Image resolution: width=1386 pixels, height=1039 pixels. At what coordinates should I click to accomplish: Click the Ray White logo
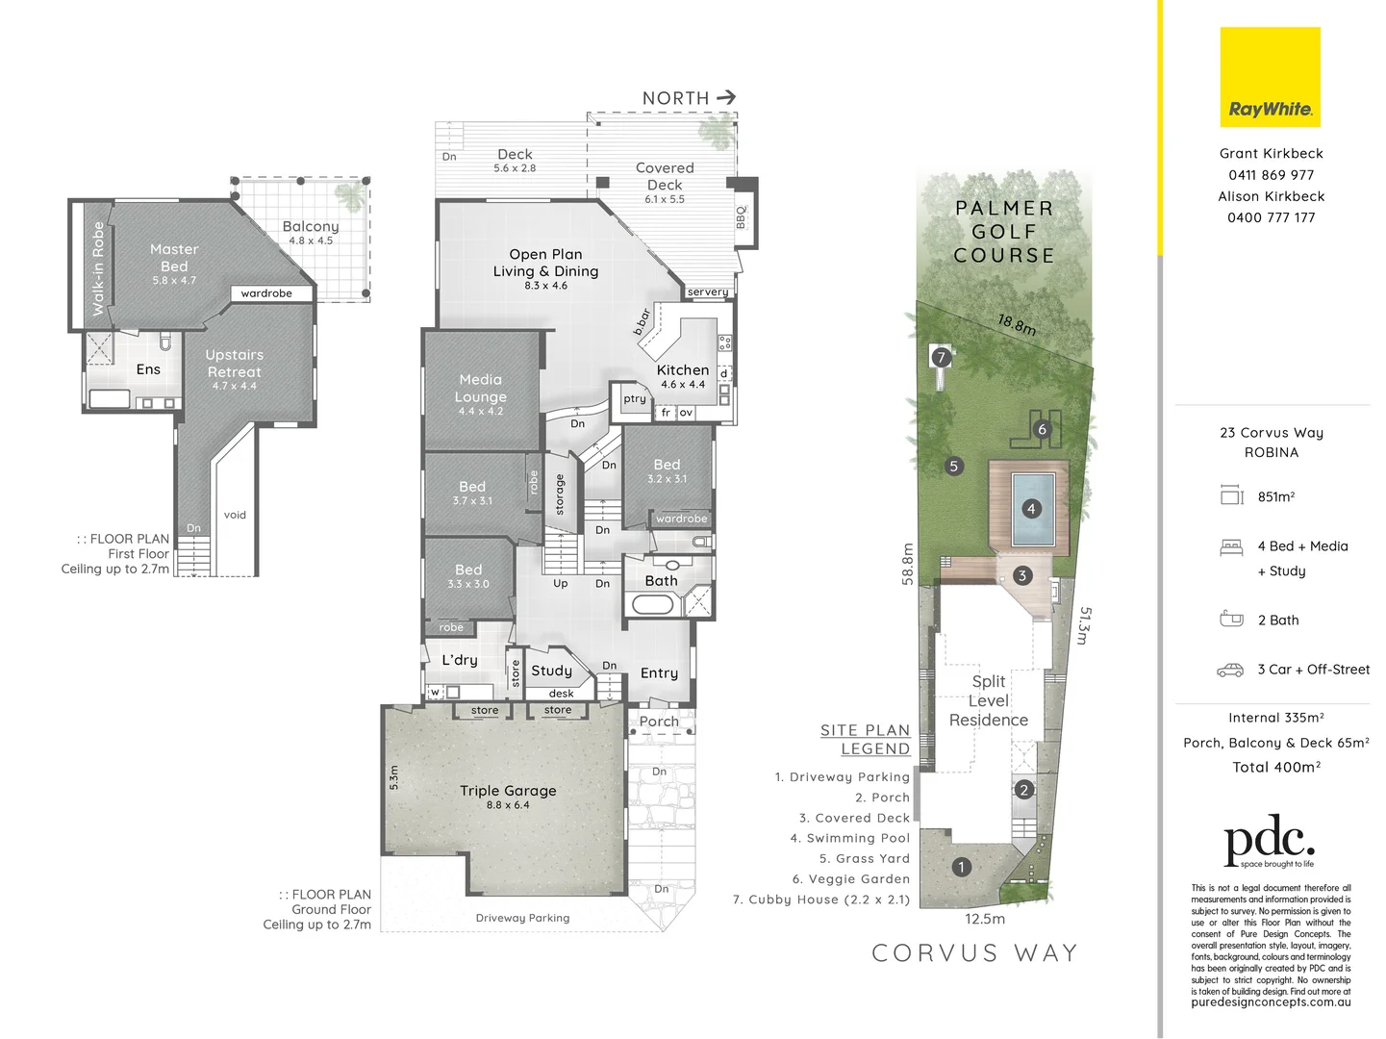click(1270, 78)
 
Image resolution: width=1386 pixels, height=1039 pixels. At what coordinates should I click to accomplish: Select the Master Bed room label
click(174, 258)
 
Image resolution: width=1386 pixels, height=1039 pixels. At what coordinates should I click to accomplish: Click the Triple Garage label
click(508, 791)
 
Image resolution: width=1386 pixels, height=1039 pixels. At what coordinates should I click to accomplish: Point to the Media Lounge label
click(480, 389)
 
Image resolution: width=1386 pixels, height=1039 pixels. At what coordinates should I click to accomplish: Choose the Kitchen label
click(683, 370)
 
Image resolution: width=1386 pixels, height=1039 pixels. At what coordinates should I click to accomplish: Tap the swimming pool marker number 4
click(1031, 509)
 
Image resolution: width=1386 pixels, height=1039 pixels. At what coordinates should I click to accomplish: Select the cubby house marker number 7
click(942, 357)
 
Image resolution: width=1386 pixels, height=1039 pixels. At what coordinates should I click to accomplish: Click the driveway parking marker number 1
click(961, 867)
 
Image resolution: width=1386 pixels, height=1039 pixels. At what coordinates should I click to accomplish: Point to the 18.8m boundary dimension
click(1017, 324)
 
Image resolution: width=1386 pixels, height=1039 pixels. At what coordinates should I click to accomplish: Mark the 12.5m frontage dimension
click(985, 919)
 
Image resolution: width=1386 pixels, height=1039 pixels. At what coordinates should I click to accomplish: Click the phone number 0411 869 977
click(1271, 175)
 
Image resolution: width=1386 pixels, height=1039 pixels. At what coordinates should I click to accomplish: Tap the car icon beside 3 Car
click(1230, 670)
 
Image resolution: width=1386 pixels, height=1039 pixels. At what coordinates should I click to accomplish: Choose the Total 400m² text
click(1276, 767)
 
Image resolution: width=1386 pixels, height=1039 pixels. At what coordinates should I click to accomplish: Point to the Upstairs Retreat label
click(234, 364)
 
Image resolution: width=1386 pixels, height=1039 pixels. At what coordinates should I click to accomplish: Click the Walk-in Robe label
click(98, 268)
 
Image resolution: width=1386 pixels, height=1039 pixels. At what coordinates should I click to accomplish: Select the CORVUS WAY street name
click(974, 953)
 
